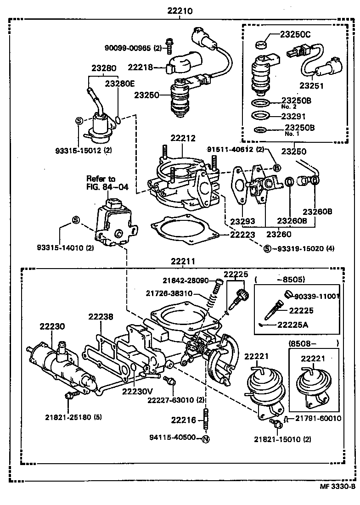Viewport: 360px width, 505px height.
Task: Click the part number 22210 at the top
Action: point(180,11)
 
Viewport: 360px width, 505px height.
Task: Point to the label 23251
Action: point(313,85)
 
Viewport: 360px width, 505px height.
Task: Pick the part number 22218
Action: point(141,67)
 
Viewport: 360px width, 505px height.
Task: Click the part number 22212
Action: point(183,138)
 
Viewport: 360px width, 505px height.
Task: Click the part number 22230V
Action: point(137,391)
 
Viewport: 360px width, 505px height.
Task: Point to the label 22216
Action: point(183,420)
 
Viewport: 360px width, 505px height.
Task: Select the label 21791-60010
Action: point(318,418)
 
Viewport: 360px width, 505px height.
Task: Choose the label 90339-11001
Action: point(317,297)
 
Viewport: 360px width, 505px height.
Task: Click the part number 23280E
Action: point(120,84)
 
